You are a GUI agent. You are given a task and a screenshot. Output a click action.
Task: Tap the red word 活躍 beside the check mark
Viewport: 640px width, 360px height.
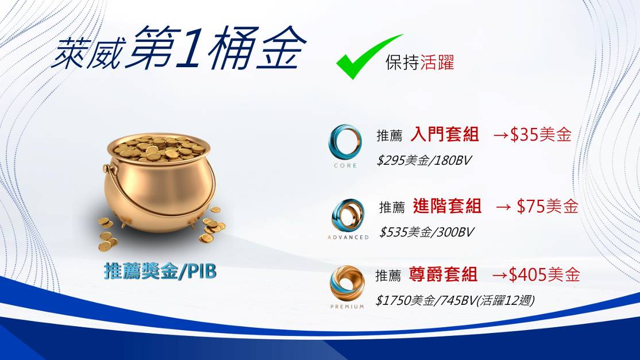(x=437, y=63)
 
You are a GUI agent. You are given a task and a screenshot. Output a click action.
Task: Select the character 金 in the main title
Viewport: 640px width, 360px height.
(x=282, y=48)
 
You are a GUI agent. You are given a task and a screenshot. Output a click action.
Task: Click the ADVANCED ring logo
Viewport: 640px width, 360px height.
(x=348, y=215)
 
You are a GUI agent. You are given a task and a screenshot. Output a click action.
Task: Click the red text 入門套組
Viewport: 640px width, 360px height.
(x=445, y=134)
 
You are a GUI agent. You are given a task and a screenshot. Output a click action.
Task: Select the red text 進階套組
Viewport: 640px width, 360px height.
(x=447, y=206)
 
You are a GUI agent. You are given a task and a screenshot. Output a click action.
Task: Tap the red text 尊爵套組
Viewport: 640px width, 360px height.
(x=443, y=274)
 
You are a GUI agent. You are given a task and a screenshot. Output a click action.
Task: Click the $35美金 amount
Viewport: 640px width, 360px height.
(x=540, y=134)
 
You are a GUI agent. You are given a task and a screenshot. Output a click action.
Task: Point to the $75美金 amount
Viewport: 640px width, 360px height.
(x=548, y=206)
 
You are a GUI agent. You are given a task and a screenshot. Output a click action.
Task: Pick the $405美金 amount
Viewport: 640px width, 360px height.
(x=544, y=274)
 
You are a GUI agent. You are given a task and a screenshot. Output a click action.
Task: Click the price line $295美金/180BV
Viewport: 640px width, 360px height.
(x=423, y=161)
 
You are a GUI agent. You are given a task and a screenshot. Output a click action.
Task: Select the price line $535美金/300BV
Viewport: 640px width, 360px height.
(x=426, y=233)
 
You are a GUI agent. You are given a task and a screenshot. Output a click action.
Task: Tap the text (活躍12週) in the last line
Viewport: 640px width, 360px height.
(x=506, y=301)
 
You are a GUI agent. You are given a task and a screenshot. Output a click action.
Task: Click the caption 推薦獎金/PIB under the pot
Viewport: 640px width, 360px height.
(x=160, y=271)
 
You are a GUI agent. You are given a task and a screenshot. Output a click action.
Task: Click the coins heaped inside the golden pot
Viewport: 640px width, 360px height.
(x=159, y=148)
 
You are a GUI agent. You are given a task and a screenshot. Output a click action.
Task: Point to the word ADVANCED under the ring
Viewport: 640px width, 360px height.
(x=348, y=237)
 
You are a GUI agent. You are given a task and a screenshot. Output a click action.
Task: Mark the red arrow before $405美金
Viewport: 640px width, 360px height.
(x=500, y=275)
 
